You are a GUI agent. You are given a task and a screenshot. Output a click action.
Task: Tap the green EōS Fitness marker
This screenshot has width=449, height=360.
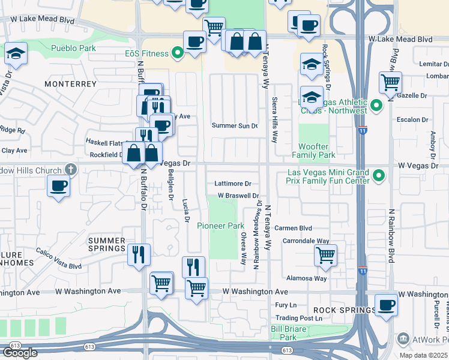(x=177, y=53)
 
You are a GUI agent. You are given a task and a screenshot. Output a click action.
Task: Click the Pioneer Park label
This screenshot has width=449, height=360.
(x=221, y=226)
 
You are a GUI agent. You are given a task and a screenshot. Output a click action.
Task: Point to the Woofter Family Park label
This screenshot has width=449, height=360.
(x=317, y=151)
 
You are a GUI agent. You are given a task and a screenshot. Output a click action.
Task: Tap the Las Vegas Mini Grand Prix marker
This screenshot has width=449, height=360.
(x=378, y=176)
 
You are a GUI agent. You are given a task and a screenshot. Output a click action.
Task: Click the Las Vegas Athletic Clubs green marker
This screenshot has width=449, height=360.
(x=376, y=106)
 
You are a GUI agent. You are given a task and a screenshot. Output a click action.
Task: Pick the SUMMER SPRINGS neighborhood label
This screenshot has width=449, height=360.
(x=107, y=244)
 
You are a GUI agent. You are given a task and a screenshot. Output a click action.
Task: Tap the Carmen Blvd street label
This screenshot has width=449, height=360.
(x=294, y=228)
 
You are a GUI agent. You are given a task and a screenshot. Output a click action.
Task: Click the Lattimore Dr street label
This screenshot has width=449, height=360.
(x=233, y=184)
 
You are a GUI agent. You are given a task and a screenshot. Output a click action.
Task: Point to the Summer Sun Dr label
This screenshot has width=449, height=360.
(x=235, y=125)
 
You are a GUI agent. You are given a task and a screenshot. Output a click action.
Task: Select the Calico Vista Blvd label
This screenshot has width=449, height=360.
(x=58, y=259)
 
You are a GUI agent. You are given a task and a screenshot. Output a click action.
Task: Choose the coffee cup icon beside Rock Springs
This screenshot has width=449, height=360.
(x=386, y=304)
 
